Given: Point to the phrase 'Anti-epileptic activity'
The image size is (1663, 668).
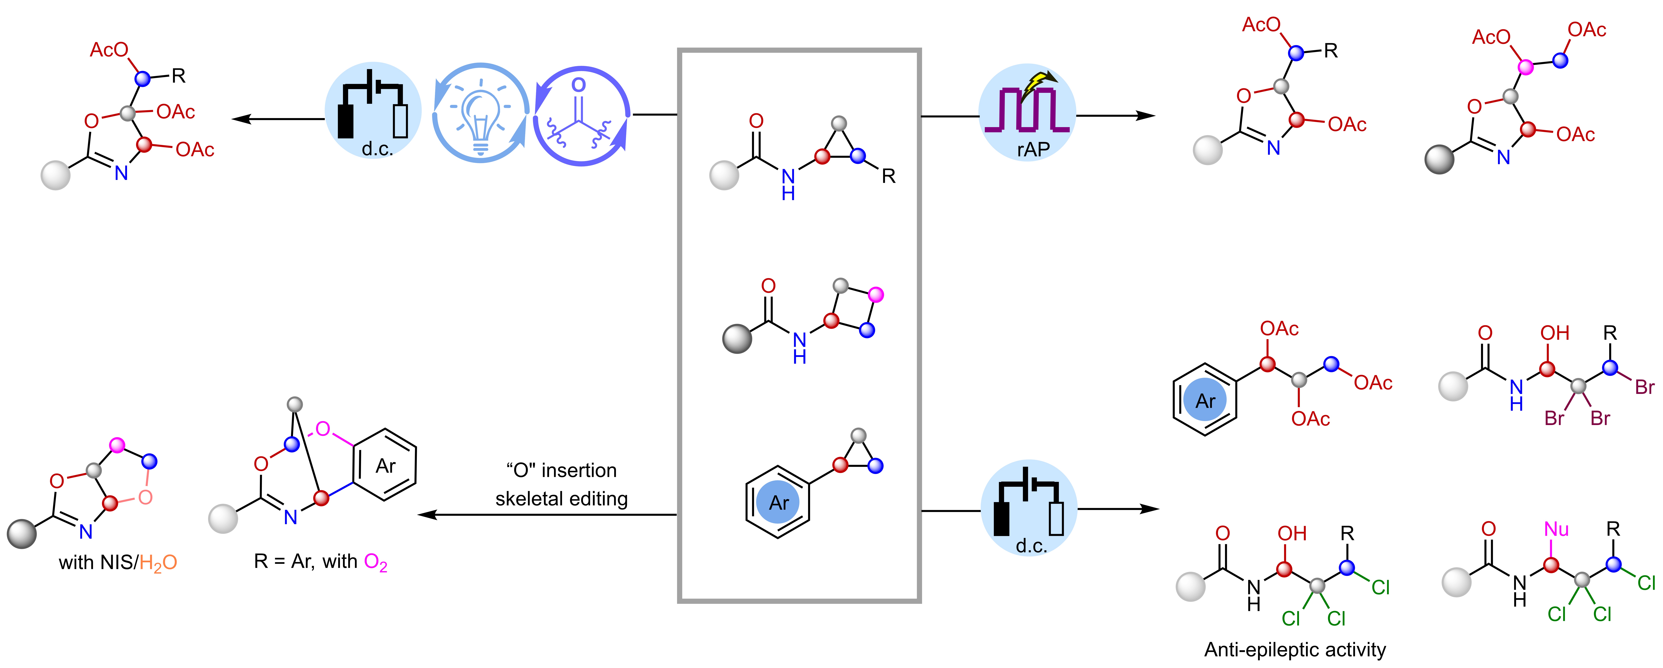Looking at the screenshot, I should (1294, 649).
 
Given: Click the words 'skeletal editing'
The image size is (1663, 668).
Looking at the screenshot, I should (561, 499).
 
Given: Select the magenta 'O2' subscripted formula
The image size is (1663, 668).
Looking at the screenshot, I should (376, 563).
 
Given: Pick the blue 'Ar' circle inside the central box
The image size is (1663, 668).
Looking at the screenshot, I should (779, 502).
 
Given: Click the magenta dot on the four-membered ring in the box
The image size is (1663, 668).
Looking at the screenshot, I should (875, 295).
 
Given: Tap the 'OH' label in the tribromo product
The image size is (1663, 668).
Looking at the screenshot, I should (1555, 333).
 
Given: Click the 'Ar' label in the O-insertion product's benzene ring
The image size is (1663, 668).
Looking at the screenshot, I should (385, 466).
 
